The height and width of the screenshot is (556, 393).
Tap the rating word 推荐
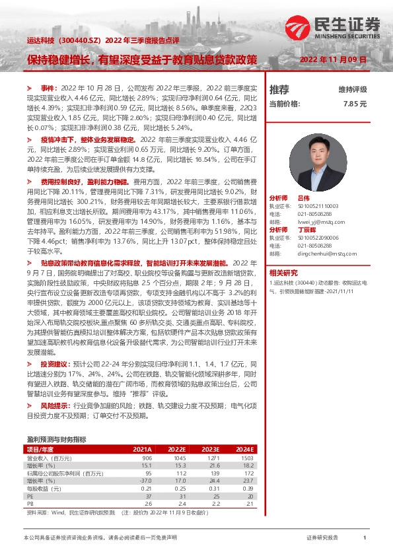(279, 89)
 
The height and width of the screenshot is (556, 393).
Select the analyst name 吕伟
(303, 197)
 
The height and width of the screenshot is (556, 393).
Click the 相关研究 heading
(283, 272)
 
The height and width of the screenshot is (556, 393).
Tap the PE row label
(30, 496)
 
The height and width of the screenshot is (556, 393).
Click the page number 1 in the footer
(365, 538)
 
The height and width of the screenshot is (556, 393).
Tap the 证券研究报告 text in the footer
(322, 538)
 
